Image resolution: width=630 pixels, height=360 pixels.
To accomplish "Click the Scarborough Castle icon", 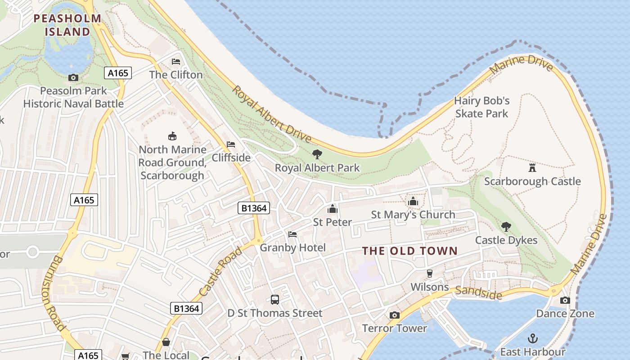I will point(532,168).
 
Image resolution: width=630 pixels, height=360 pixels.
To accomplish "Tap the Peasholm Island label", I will point(68,25).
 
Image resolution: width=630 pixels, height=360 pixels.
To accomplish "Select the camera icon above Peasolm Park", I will point(73,78).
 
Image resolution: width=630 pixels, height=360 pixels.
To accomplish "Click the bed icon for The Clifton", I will point(176,62).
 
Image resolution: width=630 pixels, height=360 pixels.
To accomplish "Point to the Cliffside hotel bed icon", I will point(231,144).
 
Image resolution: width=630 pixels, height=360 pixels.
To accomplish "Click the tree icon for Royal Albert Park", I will point(317,154).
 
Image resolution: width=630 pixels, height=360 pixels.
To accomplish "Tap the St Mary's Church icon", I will point(413,201).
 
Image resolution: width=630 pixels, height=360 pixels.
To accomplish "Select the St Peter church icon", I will point(333,209).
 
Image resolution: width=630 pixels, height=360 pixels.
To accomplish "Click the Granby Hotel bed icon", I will point(292,234).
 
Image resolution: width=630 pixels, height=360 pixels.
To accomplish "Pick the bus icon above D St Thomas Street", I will point(274,300).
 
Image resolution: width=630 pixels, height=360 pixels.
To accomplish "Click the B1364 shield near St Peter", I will point(254,208).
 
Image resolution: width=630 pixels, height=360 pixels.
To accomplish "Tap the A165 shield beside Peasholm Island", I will point(118,73).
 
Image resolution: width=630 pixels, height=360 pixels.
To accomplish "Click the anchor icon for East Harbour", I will point(533,338).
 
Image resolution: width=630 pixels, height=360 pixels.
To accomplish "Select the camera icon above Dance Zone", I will point(565,300).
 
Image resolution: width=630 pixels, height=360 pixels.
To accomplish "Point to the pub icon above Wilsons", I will point(430,274).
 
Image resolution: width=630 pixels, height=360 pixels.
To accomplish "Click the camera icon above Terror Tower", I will point(395,315).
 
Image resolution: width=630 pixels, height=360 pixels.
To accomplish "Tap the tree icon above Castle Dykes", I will point(506,227).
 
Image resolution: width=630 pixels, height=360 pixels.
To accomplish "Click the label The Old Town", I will point(410,251).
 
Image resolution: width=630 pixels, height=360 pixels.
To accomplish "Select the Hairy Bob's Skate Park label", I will point(481,107).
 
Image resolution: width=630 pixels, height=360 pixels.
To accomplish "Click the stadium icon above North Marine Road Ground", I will point(172,136).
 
